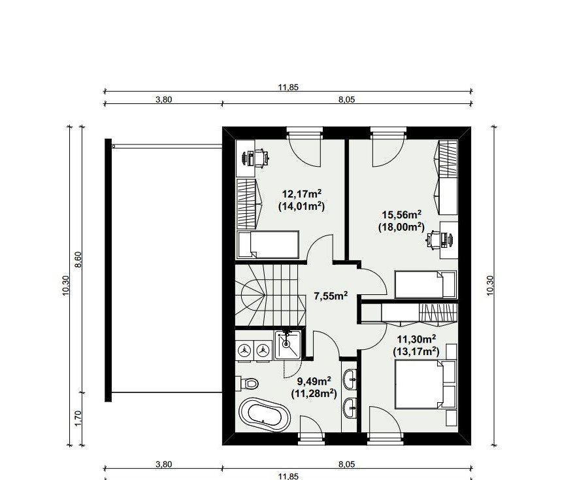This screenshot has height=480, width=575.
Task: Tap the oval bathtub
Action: click(265, 415)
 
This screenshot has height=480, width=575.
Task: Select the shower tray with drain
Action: click(288, 344)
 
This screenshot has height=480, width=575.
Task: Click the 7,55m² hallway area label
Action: click(331, 296)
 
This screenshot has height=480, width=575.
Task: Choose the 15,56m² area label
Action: click(402, 214)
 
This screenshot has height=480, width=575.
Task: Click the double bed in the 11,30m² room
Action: click(425, 385)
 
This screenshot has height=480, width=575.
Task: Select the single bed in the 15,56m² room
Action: click(425, 284)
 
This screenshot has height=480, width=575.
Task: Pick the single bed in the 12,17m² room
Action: click(268, 245)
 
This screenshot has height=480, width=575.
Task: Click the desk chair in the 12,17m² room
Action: click(260, 158)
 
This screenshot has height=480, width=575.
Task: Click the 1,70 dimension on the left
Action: click(78, 419)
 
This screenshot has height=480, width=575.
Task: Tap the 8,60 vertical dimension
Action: click(78, 260)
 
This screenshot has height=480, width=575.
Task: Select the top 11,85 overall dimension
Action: click(288, 88)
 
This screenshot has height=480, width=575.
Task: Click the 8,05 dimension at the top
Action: click(346, 99)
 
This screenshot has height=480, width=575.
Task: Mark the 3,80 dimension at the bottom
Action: click(163, 464)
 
